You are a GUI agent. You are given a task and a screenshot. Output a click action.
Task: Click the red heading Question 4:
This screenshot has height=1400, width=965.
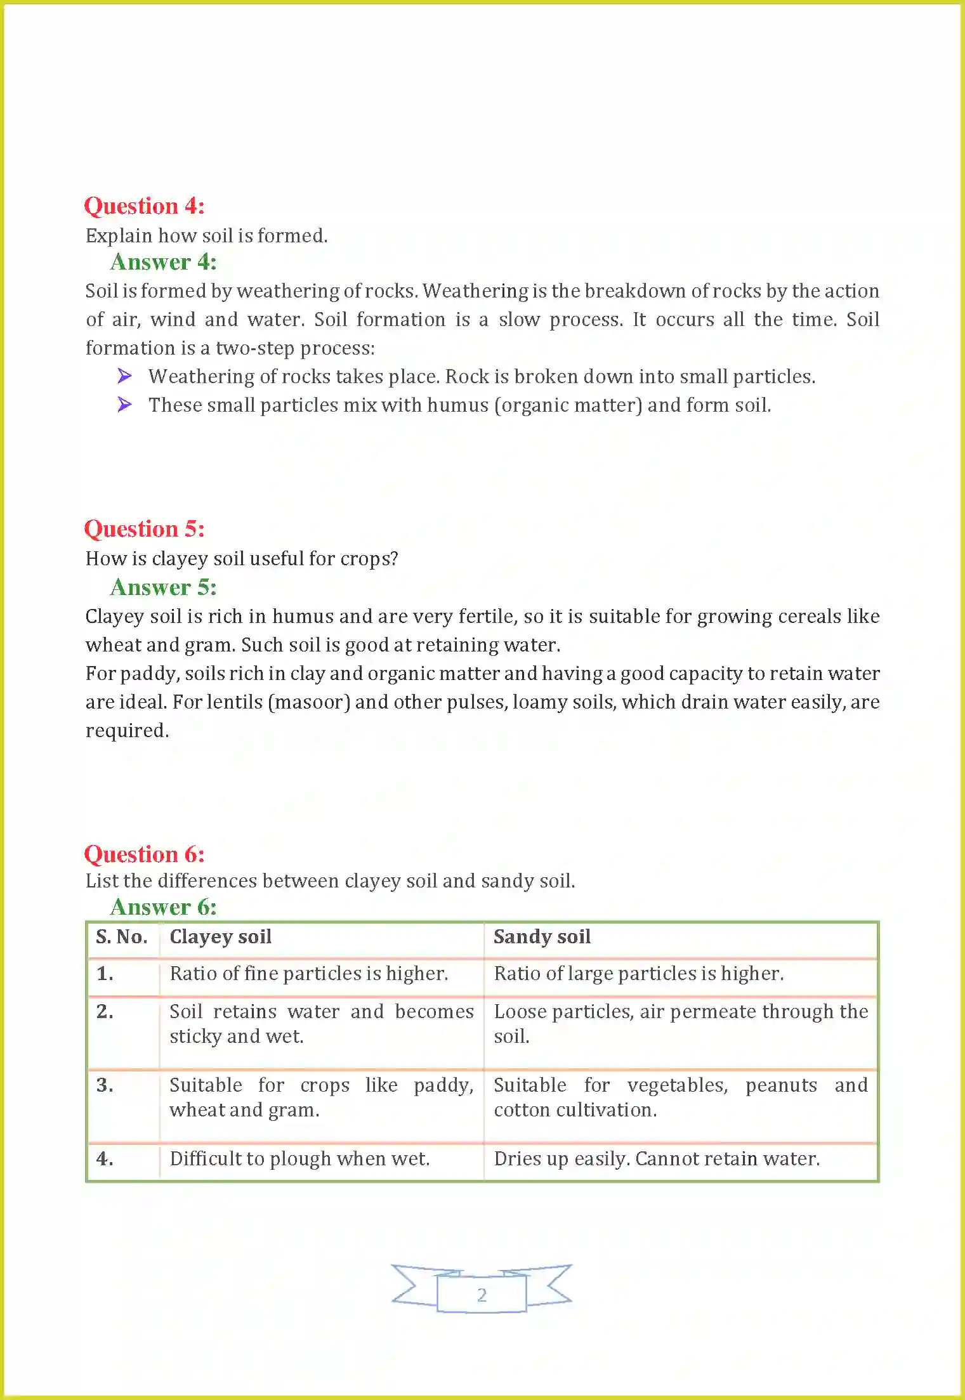coord(144,206)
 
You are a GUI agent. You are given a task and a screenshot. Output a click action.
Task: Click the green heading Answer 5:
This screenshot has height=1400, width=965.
coord(163,587)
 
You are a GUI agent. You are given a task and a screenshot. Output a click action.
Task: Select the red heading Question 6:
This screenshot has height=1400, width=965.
coord(144,854)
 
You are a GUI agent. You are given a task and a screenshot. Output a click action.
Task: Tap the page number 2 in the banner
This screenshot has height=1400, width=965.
coord(482,1295)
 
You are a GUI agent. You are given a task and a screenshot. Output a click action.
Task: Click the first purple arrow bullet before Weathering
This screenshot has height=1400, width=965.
coord(125,376)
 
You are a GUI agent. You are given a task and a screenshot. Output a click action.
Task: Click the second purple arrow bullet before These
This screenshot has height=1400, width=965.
coord(125,404)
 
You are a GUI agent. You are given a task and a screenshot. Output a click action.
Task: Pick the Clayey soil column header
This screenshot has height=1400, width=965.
coord(220,937)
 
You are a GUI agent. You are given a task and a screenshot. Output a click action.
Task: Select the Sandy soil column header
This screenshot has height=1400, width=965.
coord(542,937)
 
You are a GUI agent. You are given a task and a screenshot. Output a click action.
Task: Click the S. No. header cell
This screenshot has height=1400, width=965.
coord(121,937)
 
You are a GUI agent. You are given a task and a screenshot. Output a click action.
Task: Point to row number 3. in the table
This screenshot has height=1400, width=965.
coord(105,1085)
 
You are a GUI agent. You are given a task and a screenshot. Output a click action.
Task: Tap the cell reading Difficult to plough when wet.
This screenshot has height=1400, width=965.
coord(299,1159)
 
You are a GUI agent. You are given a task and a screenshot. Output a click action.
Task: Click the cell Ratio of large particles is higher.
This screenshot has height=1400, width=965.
coord(638,974)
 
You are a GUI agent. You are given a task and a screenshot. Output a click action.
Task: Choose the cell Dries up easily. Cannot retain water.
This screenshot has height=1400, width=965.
coord(657,1159)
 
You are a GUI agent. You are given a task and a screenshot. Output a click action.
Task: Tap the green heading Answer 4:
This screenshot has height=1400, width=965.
coord(163,262)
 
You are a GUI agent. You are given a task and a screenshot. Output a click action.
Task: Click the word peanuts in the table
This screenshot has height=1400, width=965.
coord(781,1085)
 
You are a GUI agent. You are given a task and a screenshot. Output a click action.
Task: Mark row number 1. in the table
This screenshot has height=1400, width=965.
coord(105,974)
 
